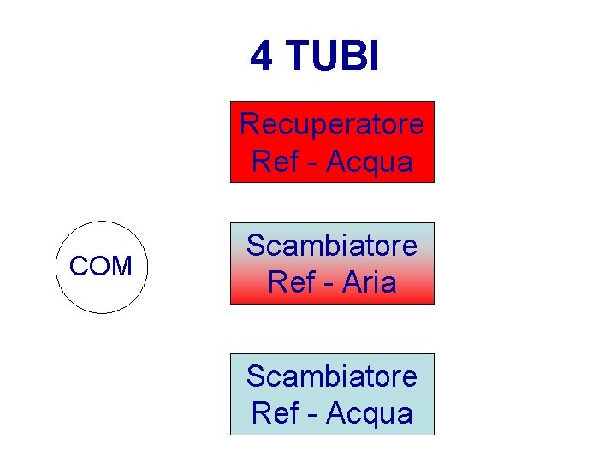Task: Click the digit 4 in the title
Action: [x=261, y=56]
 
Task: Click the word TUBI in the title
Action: [x=334, y=56]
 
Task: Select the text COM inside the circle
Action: [x=101, y=267]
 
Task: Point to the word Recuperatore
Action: [x=331, y=124]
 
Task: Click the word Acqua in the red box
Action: [x=370, y=162]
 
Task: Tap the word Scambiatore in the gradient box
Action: [x=331, y=246]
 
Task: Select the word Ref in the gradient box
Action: [x=290, y=281]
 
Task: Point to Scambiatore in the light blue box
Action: [x=331, y=376]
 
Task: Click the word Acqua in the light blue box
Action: [x=370, y=413]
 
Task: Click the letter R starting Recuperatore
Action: [x=249, y=124]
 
